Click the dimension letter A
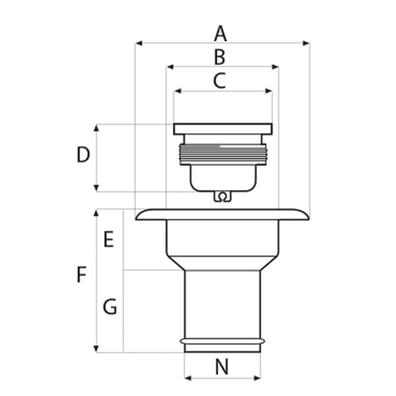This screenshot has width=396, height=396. pyautogui.click(x=220, y=34)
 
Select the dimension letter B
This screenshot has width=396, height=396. pyautogui.click(x=220, y=57)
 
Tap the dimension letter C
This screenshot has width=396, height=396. pyautogui.click(x=220, y=81)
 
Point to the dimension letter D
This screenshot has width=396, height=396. pyautogui.click(x=83, y=154)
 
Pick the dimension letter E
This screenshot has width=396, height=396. pyautogui.click(x=109, y=239)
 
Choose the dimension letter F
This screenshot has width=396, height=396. pyautogui.click(x=81, y=275)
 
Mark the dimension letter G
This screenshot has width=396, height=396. pyautogui.click(x=110, y=306)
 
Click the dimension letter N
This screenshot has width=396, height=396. pyautogui.click(x=222, y=367)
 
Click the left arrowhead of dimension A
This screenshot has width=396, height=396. pyautogui.click(x=139, y=43)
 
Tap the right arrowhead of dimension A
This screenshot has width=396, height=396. pyautogui.click(x=306, y=43)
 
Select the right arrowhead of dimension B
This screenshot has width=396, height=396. pyautogui.click(x=275, y=67)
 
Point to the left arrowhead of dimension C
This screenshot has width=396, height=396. pyautogui.click(x=178, y=91)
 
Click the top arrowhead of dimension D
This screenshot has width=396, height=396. pyautogui.click(x=96, y=128)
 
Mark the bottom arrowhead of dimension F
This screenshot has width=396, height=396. pyautogui.click(x=96, y=348)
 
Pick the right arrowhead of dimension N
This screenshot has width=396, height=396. pyautogui.click(x=257, y=378)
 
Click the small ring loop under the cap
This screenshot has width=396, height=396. pyautogui.click(x=222, y=197)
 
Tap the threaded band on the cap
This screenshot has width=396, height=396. pyautogui.click(x=223, y=154)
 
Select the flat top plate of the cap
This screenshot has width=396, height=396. pyautogui.click(x=223, y=129)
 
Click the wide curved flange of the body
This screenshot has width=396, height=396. pyautogui.click(x=222, y=214)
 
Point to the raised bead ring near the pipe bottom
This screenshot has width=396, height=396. pyautogui.click(x=222, y=341)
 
